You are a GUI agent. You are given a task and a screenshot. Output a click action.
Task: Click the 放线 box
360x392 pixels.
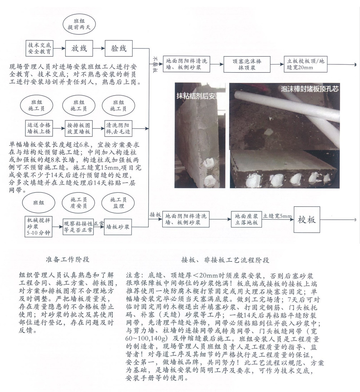point(79,48)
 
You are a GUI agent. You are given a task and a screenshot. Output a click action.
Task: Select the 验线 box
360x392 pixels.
point(119,48)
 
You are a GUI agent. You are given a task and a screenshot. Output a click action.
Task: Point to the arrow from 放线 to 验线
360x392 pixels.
point(99,48)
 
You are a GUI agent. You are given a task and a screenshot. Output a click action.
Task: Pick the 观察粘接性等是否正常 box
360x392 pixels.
point(78,227)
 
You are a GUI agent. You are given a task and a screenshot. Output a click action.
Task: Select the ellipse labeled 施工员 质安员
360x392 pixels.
point(78,203)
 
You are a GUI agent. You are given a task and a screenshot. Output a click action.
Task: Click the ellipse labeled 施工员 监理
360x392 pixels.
point(117,203)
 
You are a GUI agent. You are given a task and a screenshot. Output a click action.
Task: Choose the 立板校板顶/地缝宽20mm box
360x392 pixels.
point(305,64)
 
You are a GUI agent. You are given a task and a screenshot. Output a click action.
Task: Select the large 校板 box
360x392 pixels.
point(307,219)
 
